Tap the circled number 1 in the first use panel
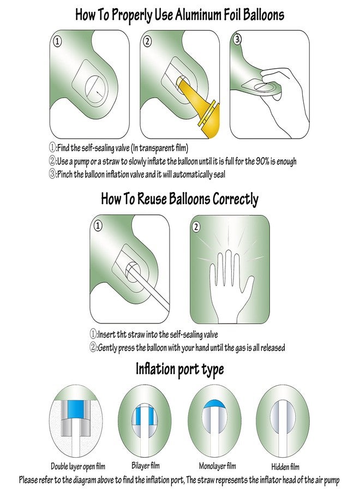(57, 41)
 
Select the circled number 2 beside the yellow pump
(147, 41)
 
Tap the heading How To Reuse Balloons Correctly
(179, 199)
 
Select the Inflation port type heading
(179, 369)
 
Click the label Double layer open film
(78, 466)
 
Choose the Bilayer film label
(146, 466)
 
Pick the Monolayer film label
(217, 466)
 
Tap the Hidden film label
(285, 467)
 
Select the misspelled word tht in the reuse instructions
(122, 334)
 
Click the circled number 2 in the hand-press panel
(196, 226)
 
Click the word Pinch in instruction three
(65, 174)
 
